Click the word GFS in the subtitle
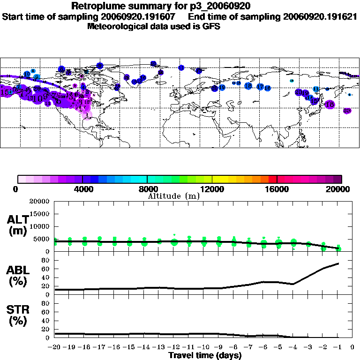click(211, 27)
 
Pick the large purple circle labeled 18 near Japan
click(330, 105)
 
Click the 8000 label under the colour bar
click(147, 189)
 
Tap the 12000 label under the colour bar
click(212, 189)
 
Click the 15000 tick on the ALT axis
click(39, 214)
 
